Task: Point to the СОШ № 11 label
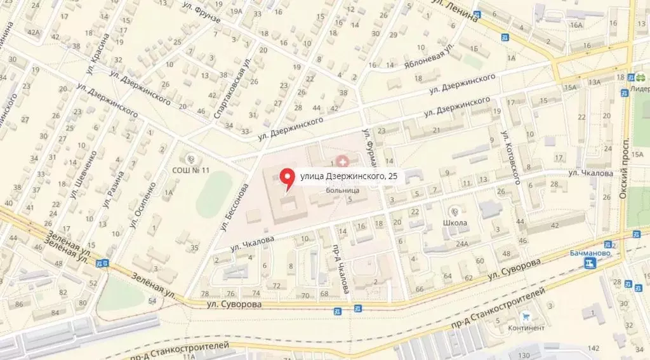point(191,170)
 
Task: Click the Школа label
point(456,223)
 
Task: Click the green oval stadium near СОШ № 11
point(214,195)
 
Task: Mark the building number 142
point(594,348)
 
